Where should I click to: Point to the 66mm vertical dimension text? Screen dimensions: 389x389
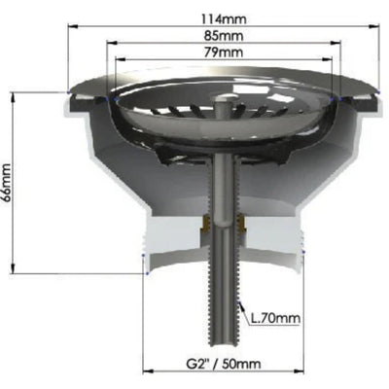(10, 183)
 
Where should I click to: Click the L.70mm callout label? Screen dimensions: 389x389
(275, 317)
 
